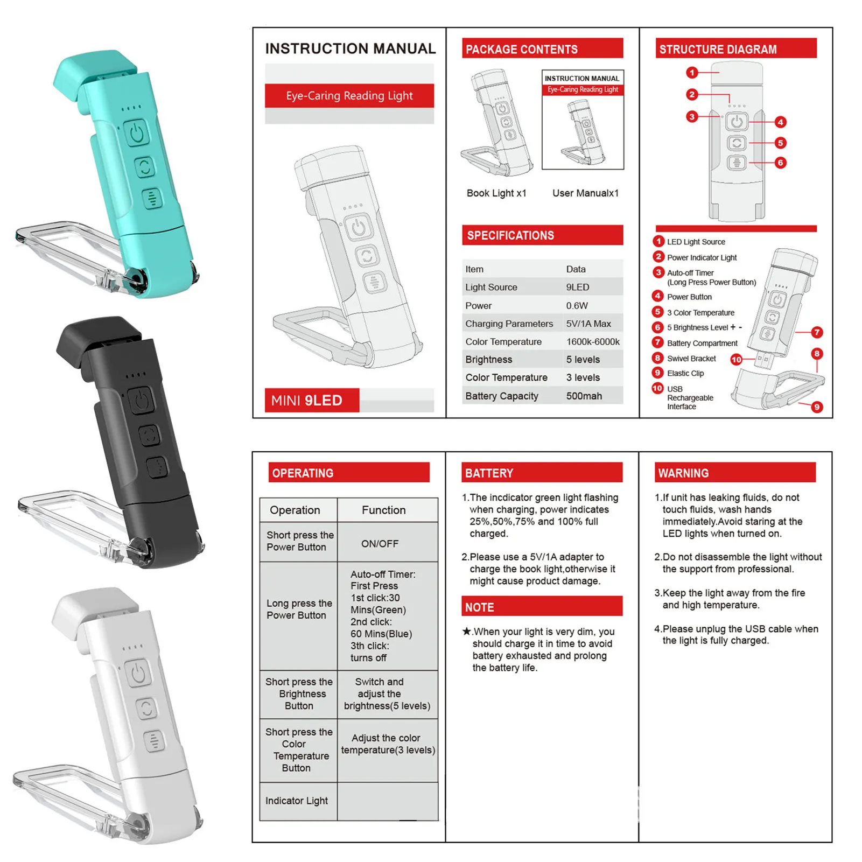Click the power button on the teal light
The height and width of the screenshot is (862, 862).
[137, 133]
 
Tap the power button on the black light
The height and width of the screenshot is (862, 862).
[141, 401]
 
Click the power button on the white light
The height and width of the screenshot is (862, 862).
[138, 674]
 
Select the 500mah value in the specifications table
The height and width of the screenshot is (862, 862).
[584, 396]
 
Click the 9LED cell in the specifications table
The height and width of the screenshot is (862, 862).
[577, 288]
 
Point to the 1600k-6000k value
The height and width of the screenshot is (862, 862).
[592, 342]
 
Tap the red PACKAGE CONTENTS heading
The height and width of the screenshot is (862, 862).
[542, 48]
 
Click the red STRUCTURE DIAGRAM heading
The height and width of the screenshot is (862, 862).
[735, 48]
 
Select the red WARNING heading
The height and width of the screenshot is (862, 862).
[735, 472]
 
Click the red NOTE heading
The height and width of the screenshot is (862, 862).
[542, 606]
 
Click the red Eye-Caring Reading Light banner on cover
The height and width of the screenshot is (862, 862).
[349, 96]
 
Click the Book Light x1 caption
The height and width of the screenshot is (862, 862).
[496, 193]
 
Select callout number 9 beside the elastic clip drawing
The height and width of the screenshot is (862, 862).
[817, 407]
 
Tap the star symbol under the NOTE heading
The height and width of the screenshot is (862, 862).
[466, 632]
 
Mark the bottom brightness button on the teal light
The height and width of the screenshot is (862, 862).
[153, 198]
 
